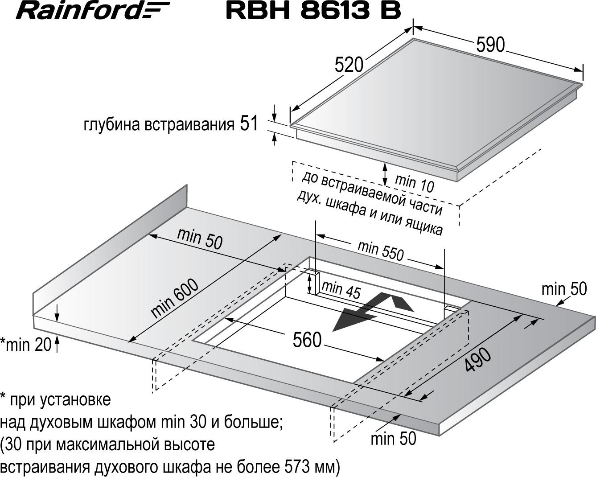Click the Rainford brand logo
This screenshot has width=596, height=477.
tap(93, 10)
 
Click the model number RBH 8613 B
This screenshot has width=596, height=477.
tap(313, 11)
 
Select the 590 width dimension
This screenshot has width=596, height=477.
tap(490, 45)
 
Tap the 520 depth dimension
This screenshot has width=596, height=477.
tap(349, 65)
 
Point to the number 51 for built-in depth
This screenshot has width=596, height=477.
tap(249, 123)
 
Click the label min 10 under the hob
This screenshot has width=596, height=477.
tap(414, 183)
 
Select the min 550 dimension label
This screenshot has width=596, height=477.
tap(381, 251)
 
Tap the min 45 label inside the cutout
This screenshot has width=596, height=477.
tap(341, 289)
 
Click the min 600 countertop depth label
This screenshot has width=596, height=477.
tap(174, 298)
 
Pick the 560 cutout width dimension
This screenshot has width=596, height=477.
tap(307, 340)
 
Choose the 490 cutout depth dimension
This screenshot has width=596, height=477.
tap(477, 360)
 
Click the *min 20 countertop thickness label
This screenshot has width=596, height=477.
tap(26, 345)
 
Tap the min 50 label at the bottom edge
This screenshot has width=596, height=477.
tap(394, 439)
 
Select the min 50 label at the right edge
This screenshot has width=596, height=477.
tap(564, 289)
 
